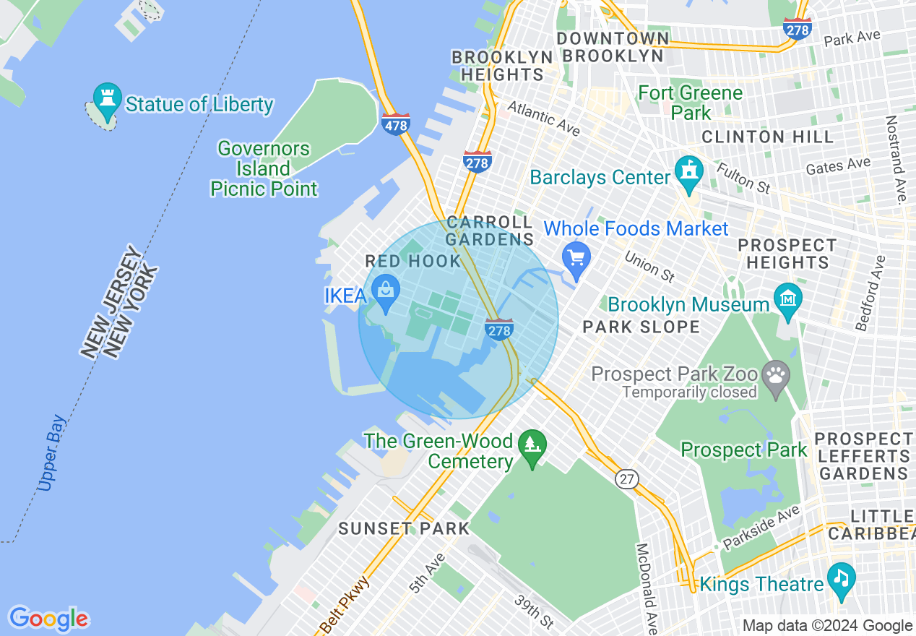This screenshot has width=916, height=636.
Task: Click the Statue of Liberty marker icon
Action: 108,99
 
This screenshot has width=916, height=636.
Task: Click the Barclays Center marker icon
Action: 688,173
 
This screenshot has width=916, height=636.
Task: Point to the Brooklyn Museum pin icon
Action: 787,298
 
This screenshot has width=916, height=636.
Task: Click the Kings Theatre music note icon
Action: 841,578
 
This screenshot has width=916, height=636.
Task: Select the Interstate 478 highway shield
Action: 396,124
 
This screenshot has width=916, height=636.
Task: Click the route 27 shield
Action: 628,478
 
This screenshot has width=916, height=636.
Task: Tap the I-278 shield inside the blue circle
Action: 499,329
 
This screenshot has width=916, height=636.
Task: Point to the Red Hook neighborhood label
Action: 412,262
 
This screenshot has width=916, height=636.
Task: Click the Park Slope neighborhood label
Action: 641,327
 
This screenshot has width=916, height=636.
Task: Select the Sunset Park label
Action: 404,529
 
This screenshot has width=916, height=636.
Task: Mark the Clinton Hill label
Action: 767,137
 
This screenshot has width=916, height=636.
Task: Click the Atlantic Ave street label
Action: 543,118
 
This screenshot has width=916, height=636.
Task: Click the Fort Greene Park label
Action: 690,103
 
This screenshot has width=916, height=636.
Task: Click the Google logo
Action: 48,619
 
